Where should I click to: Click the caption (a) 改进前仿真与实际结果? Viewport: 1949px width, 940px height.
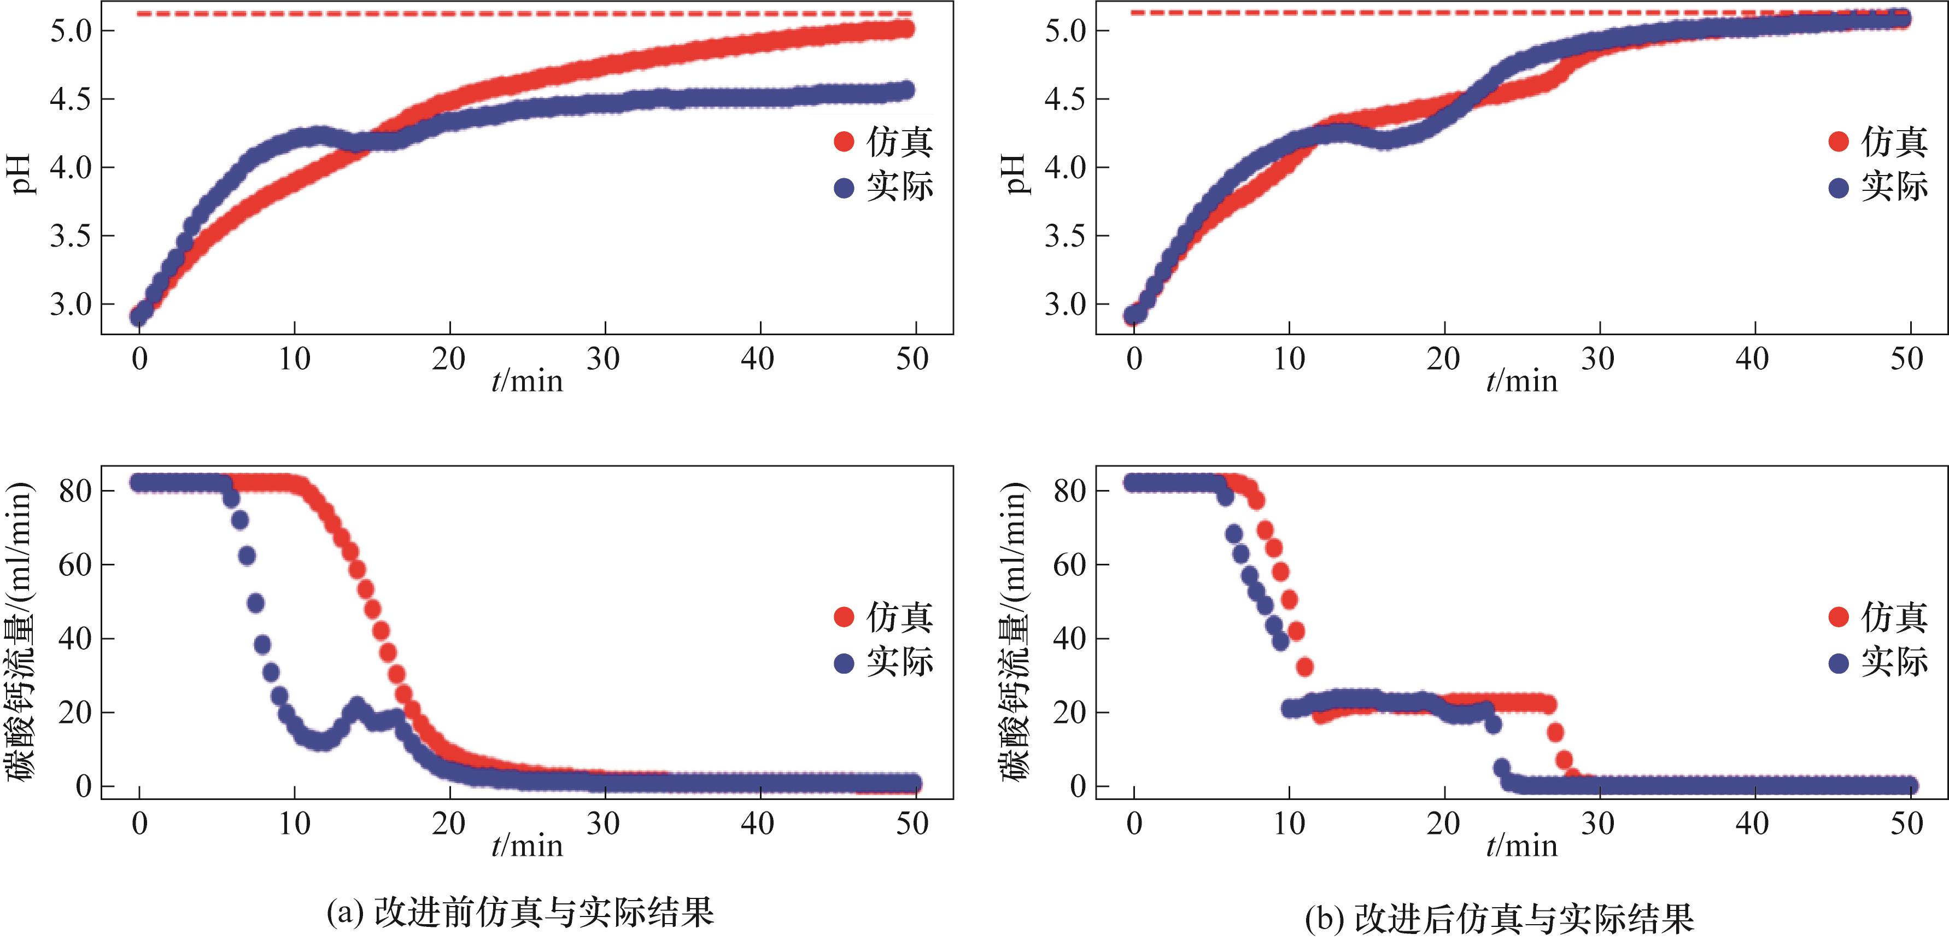coord(520,912)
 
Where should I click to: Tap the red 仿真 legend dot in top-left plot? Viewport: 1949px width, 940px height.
coord(844,142)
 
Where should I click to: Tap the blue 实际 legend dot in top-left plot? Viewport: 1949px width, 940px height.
coord(844,188)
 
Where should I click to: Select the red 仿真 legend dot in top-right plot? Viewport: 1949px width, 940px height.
coord(1838,142)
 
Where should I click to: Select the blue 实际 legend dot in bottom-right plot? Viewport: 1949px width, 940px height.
coord(1838,664)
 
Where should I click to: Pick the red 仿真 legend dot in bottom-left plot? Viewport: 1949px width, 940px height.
coord(844,617)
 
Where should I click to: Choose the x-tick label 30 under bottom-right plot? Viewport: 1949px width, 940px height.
coord(1598,824)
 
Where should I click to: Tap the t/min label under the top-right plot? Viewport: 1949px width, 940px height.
coord(1521,381)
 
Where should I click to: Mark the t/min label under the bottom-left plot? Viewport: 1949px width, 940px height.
coord(528,845)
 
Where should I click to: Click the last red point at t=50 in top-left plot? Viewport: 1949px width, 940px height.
coord(904,30)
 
